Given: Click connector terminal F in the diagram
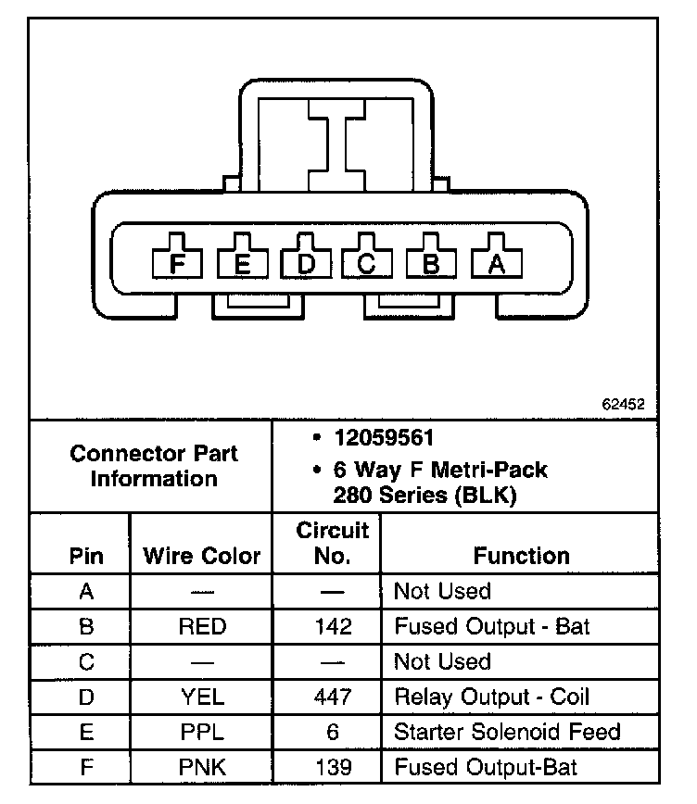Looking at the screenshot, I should point(178,264).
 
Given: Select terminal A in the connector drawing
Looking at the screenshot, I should point(497,264).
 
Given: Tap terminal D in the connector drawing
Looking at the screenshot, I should point(306,264).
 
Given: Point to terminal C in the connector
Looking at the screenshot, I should point(368,264).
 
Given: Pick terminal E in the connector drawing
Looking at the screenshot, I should point(243,264).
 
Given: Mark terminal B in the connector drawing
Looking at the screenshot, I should point(432,264).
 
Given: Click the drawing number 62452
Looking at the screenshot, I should point(623,405).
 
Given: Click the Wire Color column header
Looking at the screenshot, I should point(202,557).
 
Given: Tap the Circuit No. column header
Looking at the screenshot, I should point(333,544).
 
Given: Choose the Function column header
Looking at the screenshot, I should point(521,556).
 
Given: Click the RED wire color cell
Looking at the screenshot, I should point(202,627).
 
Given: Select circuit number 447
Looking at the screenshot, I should point(333,697).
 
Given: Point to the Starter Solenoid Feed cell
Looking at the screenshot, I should point(507,732).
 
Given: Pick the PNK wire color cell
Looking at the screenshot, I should point(202,767).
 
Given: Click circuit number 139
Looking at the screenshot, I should point(333,767).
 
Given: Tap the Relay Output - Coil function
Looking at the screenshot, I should point(492,697).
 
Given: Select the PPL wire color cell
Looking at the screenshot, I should point(202,732).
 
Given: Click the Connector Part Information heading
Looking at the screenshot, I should point(154,466).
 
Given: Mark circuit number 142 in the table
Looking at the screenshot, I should point(333,627).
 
